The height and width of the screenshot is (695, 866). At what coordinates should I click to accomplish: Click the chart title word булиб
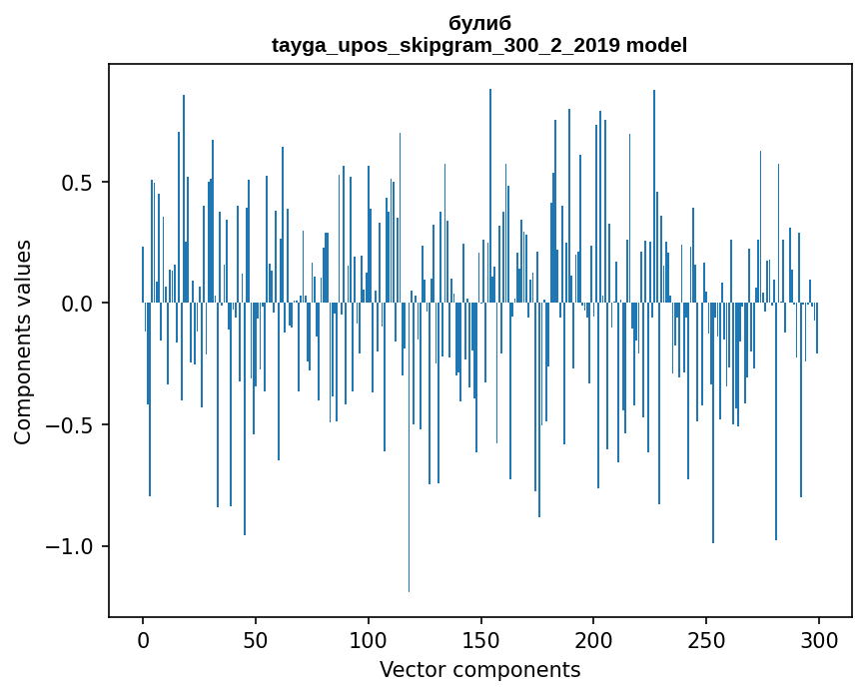pos(479,23)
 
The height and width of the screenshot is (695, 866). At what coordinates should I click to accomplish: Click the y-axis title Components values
pos(23,342)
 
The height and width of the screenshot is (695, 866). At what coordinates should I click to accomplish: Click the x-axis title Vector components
pos(479,669)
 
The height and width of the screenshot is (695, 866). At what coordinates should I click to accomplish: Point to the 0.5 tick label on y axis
pos(78,183)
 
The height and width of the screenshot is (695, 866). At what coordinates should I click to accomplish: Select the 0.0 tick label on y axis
pos(78,304)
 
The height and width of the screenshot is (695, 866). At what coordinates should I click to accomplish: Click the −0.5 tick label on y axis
pos(70,425)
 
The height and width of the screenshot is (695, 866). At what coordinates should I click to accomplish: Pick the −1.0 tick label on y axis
pos(70,546)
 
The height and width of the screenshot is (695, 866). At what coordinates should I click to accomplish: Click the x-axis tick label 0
pos(143,639)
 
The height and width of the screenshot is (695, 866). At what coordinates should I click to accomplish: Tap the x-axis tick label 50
pos(256,639)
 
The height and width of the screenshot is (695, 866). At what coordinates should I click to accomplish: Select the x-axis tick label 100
pos(369,639)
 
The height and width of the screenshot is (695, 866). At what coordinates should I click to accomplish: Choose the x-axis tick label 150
pos(480,639)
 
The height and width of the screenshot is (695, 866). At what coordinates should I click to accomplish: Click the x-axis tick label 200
pos(593,639)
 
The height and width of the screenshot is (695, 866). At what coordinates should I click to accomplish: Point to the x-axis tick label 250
pos(706,639)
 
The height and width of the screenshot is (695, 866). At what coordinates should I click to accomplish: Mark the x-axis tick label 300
pos(819,639)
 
